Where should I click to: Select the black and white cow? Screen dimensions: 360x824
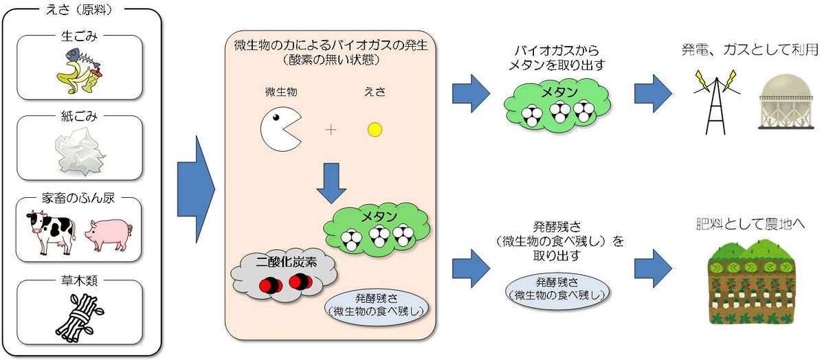49,232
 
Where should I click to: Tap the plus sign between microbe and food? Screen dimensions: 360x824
331,129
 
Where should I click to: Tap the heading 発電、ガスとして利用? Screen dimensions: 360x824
750,49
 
